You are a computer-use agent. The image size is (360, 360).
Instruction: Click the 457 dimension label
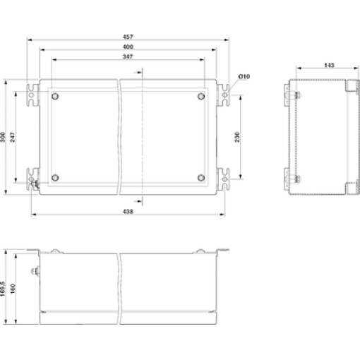(128, 37)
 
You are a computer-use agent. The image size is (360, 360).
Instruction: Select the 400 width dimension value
(128, 47)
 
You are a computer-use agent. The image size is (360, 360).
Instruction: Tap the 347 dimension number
(128, 56)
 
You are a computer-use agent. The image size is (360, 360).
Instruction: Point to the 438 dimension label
(128, 212)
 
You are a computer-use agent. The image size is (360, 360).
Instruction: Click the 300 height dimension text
(3, 137)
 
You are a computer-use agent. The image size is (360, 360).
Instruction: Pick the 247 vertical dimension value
(12, 137)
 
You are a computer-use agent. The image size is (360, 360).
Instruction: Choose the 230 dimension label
(237, 137)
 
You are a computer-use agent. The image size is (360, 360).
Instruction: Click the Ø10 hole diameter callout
(244, 76)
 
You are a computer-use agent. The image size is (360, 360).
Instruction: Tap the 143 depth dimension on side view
(329, 65)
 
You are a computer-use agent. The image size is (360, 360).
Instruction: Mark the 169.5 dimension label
(3, 289)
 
